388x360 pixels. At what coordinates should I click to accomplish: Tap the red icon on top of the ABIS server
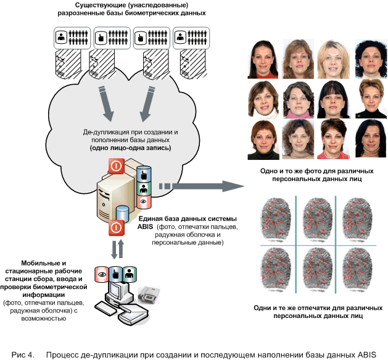(x=116, y=166)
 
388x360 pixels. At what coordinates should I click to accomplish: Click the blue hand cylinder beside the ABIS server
(x=144, y=175)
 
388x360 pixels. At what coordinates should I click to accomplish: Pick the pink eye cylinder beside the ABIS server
(x=144, y=201)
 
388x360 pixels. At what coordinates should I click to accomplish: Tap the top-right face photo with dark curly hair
(x=369, y=59)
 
